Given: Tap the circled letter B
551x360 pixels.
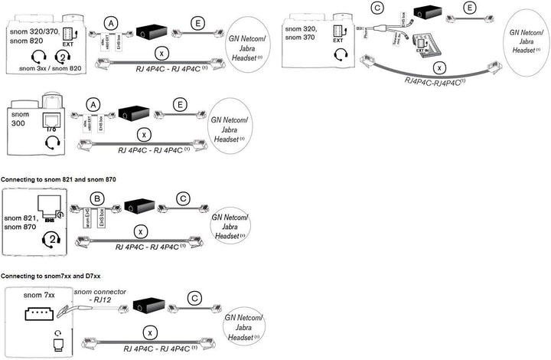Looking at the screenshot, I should click(96, 198).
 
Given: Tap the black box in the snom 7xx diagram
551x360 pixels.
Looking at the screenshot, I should click(150, 305).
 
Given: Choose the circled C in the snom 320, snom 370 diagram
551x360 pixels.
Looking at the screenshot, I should click(376, 9).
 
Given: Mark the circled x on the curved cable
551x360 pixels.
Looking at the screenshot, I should click(439, 68).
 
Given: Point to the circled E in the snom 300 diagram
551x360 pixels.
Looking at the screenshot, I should click(180, 103).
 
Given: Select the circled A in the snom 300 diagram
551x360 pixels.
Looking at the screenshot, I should click(94, 103).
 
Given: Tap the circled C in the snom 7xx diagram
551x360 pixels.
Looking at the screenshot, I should click(195, 297).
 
